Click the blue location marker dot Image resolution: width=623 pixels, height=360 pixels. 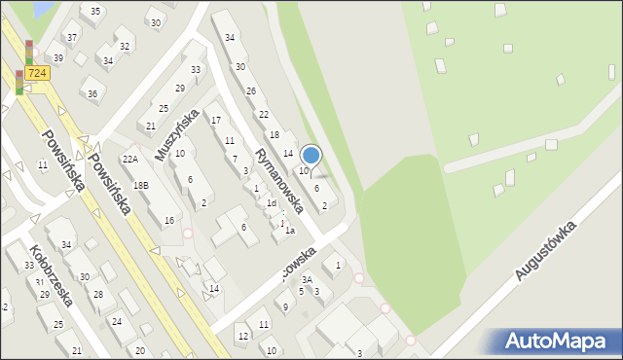coord(311,154)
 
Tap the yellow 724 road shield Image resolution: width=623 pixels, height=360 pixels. coord(37,73)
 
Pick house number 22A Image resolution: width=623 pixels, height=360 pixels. coord(130,160)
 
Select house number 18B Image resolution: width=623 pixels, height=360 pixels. coord(140,185)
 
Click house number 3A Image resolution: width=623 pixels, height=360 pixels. coord(307,278)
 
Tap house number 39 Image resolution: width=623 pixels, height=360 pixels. coord(58,58)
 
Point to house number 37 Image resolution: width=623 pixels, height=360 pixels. coord(72,38)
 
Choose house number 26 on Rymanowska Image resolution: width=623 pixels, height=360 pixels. coord(250,90)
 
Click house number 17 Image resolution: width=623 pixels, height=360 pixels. coord(216,120)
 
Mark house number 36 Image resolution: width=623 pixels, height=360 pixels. coord(92,93)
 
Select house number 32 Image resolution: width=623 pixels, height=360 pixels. coord(124,46)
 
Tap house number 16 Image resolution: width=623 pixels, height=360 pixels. coord(168,221)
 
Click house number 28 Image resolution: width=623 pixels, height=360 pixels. coord(97,294)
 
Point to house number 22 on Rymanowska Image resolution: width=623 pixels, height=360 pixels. coord(263,114)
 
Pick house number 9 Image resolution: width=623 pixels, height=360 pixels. coord(285,306)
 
